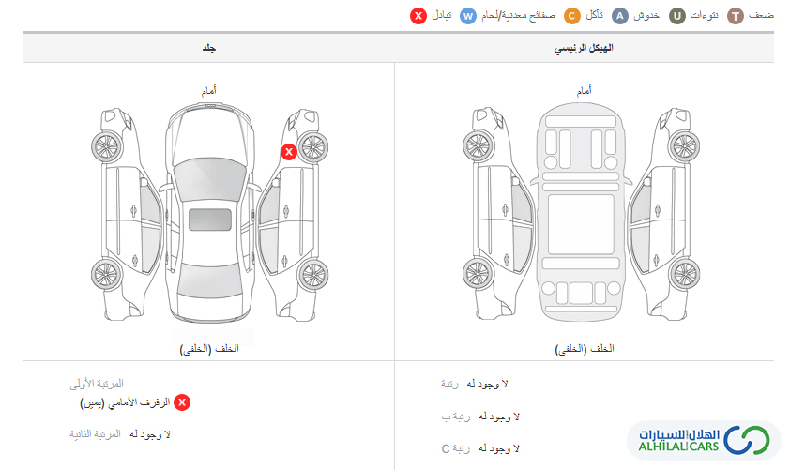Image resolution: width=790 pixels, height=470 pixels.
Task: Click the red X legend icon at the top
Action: pyautogui.click(x=418, y=16)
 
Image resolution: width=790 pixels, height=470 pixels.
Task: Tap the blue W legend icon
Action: pyautogui.click(x=468, y=16)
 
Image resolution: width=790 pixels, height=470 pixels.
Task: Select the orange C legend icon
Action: pyautogui.click(x=571, y=16)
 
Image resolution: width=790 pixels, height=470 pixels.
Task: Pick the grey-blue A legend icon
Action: pyautogui.click(x=619, y=16)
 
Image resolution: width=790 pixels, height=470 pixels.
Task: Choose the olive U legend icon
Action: pyautogui.click(x=677, y=16)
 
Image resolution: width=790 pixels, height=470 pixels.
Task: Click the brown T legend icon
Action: pyautogui.click(x=736, y=16)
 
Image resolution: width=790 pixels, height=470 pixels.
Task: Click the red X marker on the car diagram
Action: pyautogui.click(x=289, y=152)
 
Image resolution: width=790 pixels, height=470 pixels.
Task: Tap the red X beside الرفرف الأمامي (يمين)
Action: pyautogui.click(x=182, y=402)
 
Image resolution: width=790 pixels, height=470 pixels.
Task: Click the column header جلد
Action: pyautogui.click(x=209, y=48)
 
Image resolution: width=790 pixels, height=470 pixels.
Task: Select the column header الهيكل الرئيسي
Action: pyautogui.click(x=584, y=48)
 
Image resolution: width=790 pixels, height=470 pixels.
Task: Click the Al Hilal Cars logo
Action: pyautogui.click(x=704, y=440)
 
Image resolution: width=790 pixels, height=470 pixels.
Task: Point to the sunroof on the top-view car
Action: pyautogui.click(x=210, y=220)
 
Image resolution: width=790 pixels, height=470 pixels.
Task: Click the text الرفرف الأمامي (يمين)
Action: pyautogui.click(x=125, y=403)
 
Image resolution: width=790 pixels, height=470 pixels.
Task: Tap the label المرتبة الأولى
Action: pyautogui.click(x=97, y=384)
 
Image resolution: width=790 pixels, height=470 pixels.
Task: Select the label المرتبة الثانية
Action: pyautogui.click(x=95, y=433)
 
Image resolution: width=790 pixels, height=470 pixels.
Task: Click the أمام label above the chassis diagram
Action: pyautogui.click(x=585, y=91)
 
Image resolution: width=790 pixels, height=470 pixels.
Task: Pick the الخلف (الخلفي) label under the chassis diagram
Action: pyautogui.click(x=585, y=349)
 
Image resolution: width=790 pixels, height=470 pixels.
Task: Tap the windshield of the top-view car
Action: pyautogui.click(x=210, y=176)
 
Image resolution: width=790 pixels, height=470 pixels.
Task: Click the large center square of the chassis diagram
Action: pyautogui.click(x=581, y=224)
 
